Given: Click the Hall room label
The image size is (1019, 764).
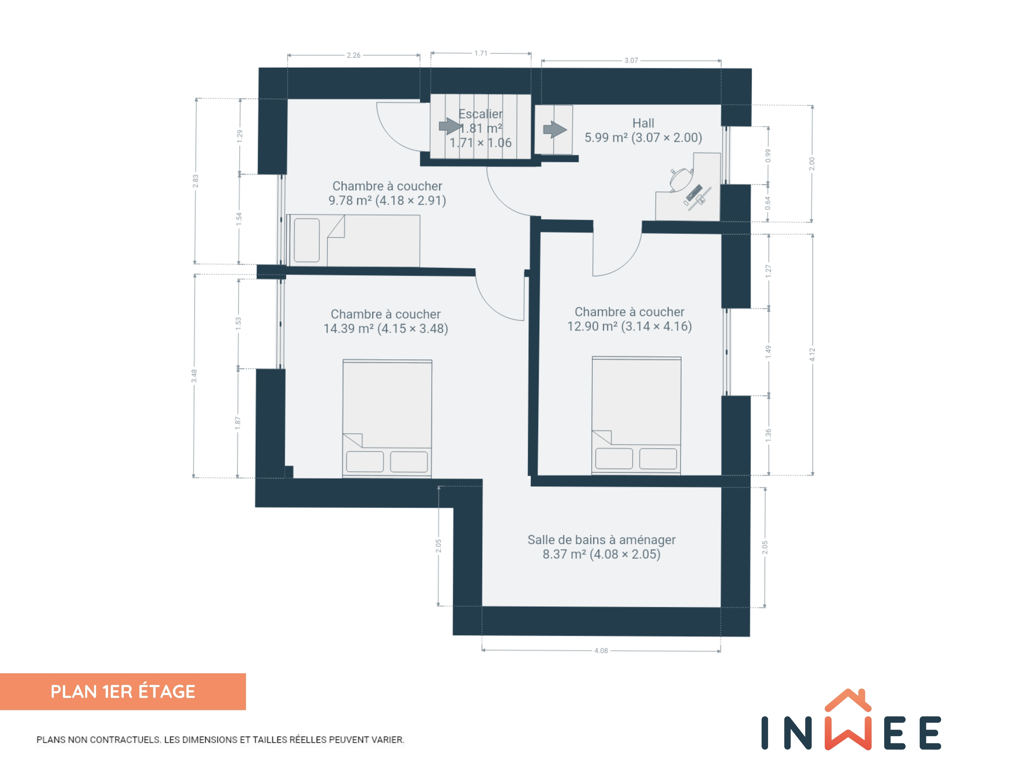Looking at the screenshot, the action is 643,130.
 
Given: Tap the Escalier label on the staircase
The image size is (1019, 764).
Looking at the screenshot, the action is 481,114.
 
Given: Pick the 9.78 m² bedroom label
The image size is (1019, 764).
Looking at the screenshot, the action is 387,193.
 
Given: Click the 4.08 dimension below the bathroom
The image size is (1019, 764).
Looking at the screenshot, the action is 601,651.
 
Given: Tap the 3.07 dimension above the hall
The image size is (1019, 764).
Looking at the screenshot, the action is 631,60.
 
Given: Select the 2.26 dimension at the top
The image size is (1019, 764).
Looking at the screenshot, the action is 353,55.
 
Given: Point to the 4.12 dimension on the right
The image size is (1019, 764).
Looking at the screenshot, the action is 812,355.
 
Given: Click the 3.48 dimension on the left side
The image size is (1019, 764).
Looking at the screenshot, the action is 194,376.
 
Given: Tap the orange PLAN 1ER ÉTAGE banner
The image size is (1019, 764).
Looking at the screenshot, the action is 123,692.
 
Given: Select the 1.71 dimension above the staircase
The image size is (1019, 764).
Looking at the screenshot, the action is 481,53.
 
